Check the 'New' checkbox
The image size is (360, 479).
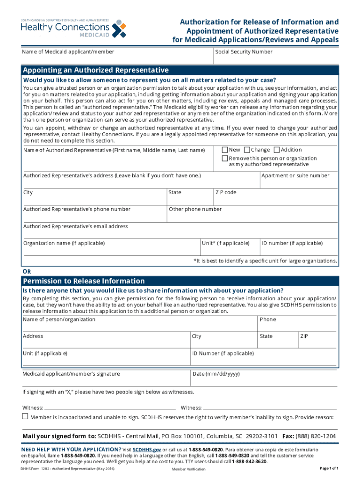click(225, 150)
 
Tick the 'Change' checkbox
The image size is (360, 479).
click(247, 150)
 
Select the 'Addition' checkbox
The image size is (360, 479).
click(276, 150)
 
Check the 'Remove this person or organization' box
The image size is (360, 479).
click(225, 159)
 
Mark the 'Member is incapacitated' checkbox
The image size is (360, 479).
click(25, 416)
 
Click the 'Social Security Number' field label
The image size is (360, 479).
click(244, 52)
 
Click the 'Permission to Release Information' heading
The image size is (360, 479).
click(84, 281)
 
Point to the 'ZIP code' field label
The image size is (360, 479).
click(226, 193)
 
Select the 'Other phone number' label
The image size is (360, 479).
click(195, 210)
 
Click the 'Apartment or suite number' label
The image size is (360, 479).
click(295, 176)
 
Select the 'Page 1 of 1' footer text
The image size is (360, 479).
click(329, 468)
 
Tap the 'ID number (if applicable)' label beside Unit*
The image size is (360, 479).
click(292, 243)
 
